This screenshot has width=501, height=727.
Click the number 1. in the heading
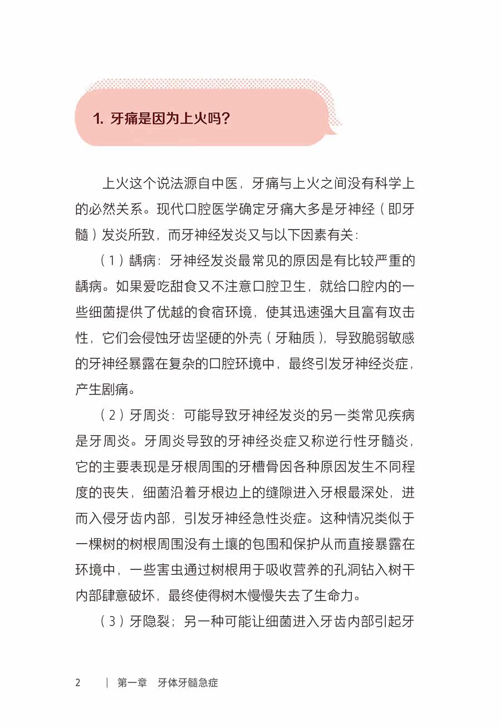(x=99, y=119)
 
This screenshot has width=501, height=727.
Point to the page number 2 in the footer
(x=78, y=682)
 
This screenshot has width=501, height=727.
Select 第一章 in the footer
(x=131, y=682)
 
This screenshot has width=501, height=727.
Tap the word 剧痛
(x=116, y=389)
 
